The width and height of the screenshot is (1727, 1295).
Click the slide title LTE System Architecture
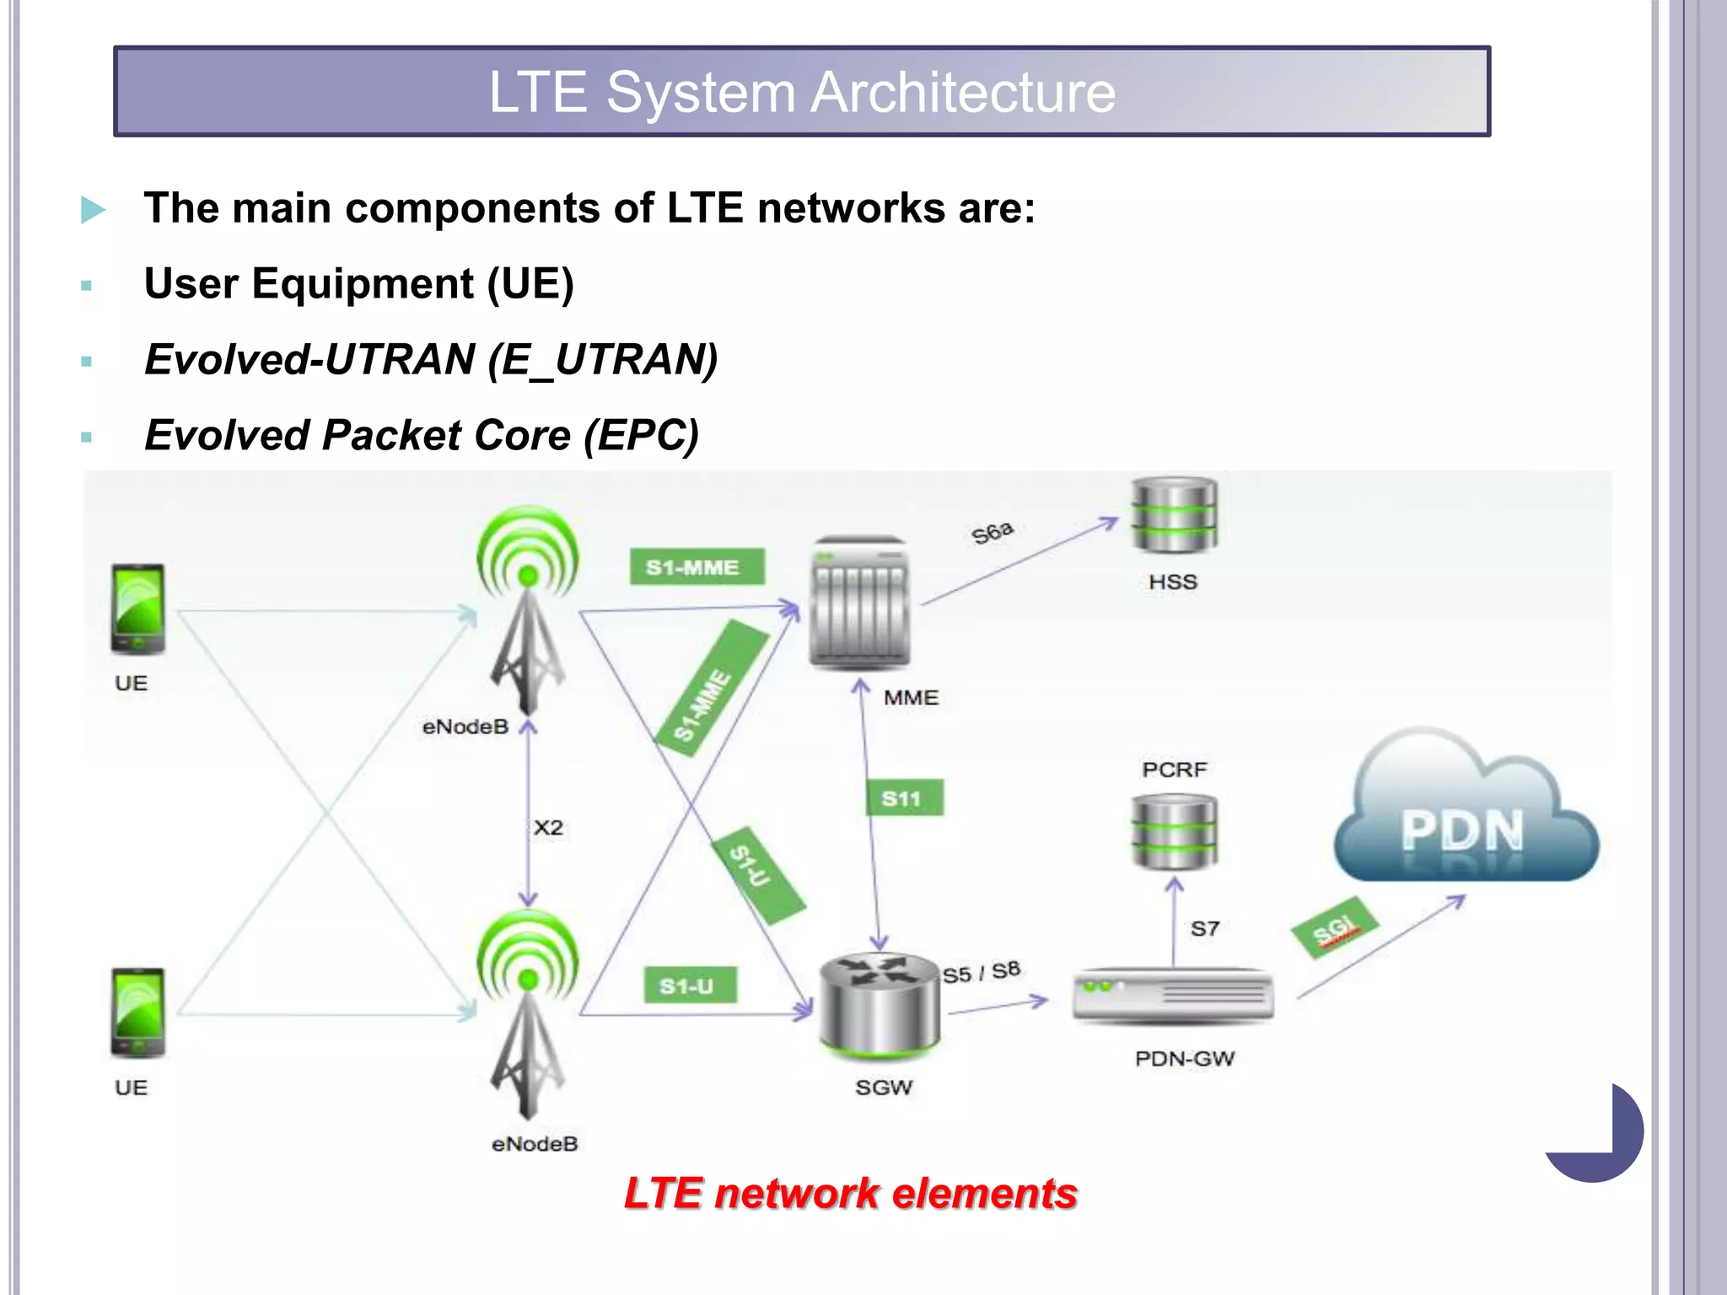[x=802, y=92]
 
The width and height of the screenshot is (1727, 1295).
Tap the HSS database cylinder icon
[x=1174, y=514]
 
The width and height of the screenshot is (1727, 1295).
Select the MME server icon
[x=859, y=603]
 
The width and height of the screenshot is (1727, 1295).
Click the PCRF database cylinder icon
[x=1174, y=832]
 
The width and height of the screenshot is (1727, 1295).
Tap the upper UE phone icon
[x=137, y=609]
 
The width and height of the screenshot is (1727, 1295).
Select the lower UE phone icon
[x=137, y=1013]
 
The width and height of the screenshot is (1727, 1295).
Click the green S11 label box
[x=905, y=798]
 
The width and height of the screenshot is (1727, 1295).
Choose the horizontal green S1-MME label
[x=697, y=567]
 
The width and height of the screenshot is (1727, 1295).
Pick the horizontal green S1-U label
[x=690, y=985]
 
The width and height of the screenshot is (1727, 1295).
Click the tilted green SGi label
[x=1335, y=927]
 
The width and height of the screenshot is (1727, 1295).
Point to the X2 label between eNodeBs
[x=548, y=827]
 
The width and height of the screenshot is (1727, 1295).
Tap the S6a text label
[x=992, y=533]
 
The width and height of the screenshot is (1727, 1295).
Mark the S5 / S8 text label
[x=981, y=972]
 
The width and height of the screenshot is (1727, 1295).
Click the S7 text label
[x=1204, y=928]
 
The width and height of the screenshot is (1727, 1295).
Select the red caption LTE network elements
[x=850, y=1193]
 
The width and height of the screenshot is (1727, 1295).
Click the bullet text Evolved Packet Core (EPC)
[x=422, y=435]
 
